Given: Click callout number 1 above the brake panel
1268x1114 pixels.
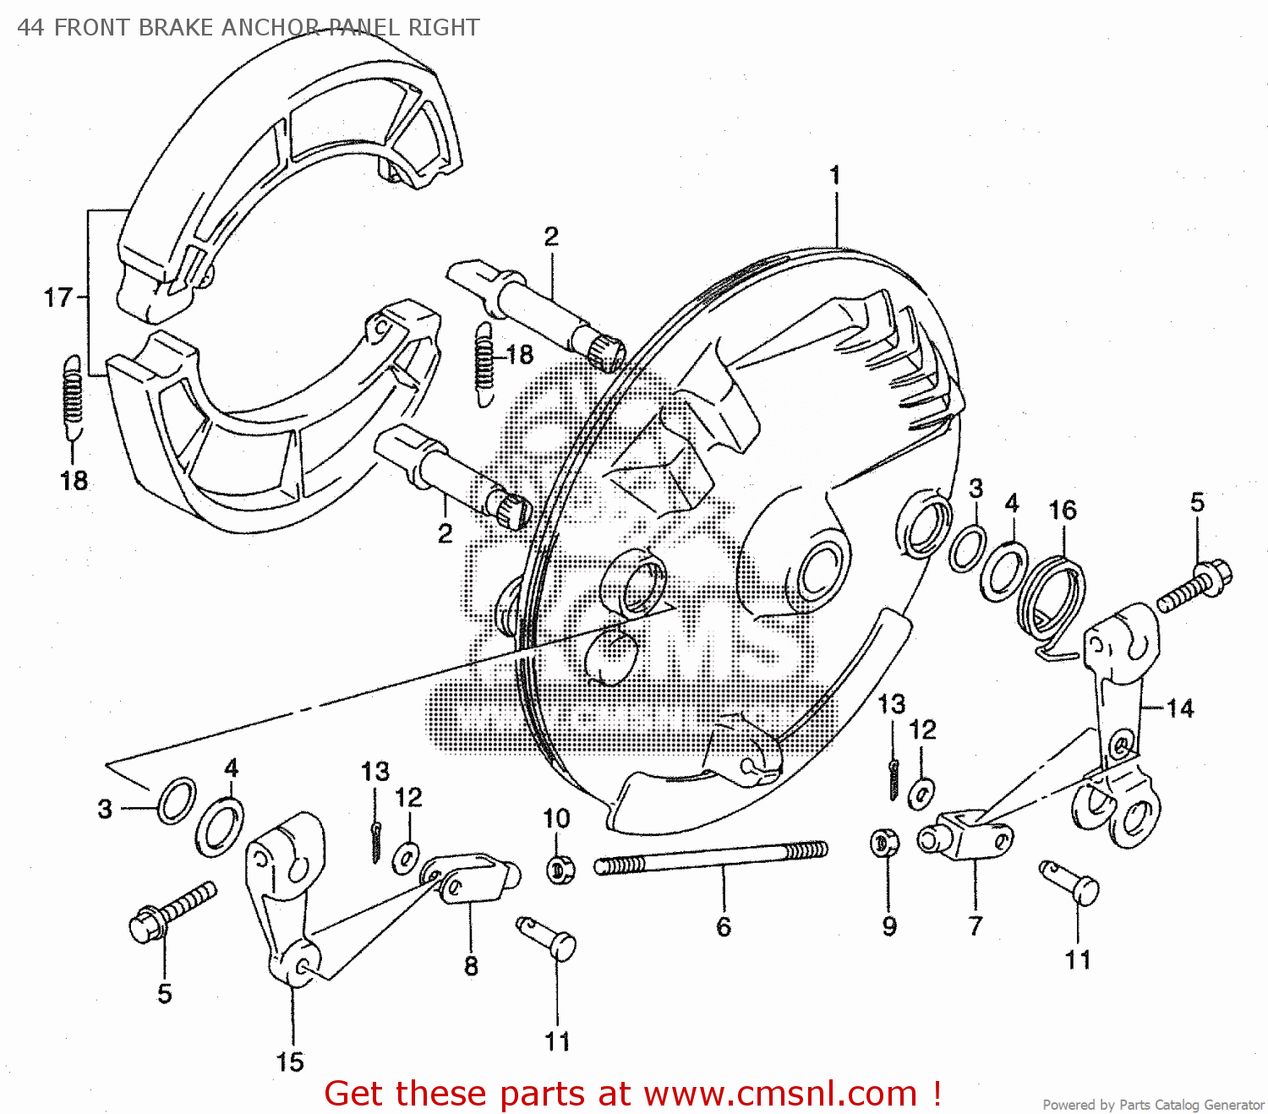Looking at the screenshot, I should [835, 176].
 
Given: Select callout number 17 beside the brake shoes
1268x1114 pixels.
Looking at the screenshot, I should [58, 298].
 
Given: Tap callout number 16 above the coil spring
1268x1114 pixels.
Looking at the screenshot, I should [1063, 510].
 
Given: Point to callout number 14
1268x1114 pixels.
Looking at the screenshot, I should [1180, 708].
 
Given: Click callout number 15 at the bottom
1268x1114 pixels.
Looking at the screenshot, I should [290, 1062].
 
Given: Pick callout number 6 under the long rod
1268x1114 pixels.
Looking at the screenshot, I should [724, 927].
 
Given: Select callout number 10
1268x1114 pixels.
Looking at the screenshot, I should [556, 818].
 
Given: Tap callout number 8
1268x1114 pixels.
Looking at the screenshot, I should [471, 966].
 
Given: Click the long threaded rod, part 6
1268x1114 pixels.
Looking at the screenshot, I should [710, 857].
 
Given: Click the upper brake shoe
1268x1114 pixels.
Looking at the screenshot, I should [287, 161].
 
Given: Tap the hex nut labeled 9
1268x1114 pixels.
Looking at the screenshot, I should [884, 843].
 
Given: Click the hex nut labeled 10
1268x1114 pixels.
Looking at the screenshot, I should [560, 869].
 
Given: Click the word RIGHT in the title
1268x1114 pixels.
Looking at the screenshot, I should [444, 28].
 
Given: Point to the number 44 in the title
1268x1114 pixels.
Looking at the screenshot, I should [30, 28].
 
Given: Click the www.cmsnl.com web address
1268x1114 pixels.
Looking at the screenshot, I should [780, 1094].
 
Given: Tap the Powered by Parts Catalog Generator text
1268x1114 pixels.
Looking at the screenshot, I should [1153, 1105].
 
